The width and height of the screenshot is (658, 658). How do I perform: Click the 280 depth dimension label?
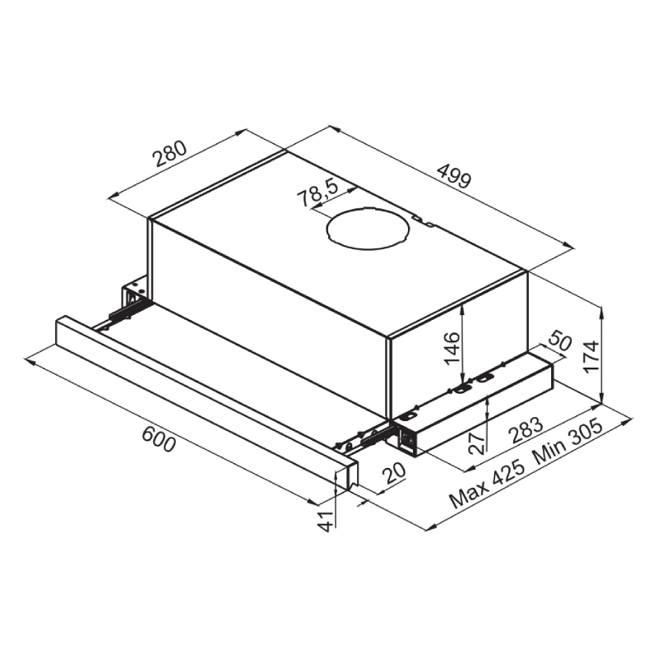point(169,154)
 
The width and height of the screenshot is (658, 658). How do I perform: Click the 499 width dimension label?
point(455,176)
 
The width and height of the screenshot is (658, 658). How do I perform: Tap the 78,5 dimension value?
point(317,193)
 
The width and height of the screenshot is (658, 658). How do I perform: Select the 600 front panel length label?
point(158,439)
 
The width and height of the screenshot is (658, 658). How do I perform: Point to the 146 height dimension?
point(452,348)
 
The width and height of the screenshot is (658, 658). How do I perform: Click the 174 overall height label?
point(591,356)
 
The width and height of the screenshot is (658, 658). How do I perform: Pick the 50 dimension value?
point(560,341)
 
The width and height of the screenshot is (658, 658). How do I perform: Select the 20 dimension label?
point(394,473)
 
